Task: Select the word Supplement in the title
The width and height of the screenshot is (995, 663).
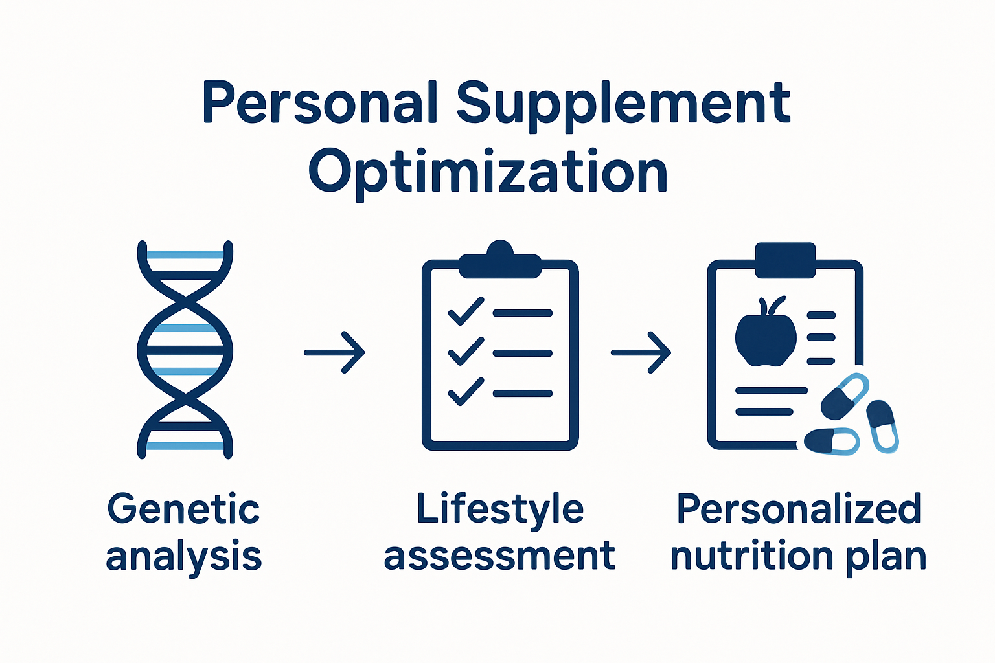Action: (623, 104)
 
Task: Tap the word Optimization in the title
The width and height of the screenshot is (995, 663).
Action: (488, 172)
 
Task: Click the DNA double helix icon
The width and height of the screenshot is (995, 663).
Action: (185, 350)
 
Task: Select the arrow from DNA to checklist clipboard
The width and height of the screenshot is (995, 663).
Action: (335, 352)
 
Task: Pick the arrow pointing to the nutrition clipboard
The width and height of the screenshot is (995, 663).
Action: (641, 352)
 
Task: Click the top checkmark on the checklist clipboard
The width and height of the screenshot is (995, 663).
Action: (466, 311)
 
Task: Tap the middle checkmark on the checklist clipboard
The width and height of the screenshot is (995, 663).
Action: (466, 352)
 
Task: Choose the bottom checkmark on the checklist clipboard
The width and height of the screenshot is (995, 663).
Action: (466, 392)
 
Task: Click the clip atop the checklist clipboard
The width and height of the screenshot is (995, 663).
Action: (499, 262)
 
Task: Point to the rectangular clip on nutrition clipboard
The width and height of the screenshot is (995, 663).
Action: (785, 260)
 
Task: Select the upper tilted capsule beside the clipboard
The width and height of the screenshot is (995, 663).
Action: (844, 396)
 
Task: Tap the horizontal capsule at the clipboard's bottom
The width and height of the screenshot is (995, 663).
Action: (831, 441)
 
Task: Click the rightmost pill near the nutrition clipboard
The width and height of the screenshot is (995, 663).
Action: (882, 425)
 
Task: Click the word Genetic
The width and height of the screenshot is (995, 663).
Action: (183, 509)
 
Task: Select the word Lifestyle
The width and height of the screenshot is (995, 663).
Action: (499, 509)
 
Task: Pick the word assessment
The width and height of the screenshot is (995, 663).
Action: (499, 556)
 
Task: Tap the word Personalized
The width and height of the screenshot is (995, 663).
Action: (799, 509)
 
